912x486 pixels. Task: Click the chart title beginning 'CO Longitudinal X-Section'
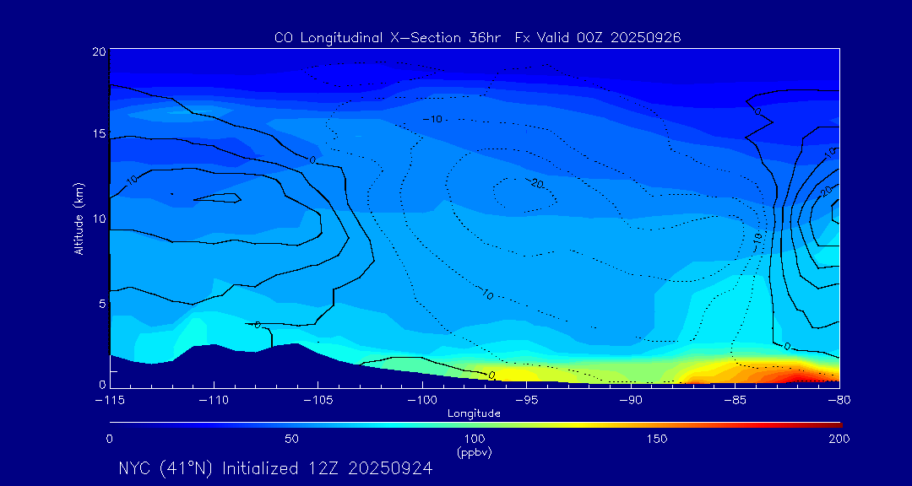click(x=478, y=37)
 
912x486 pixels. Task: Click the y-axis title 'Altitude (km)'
click(x=79, y=219)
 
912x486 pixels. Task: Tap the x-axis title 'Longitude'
click(x=474, y=413)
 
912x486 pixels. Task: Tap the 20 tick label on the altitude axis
click(x=98, y=51)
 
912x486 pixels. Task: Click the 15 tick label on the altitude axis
click(x=98, y=134)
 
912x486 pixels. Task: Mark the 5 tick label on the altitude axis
click(x=101, y=302)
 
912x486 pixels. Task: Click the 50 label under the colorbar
click(x=291, y=439)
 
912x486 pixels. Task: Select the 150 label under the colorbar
click(x=656, y=439)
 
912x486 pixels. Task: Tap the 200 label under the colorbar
click(x=839, y=439)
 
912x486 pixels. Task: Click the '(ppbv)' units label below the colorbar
click(x=474, y=451)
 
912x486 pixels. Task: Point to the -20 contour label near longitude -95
click(x=535, y=183)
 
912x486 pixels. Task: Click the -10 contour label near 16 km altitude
click(x=434, y=120)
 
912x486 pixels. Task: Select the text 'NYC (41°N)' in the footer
click(x=166, y=468)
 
